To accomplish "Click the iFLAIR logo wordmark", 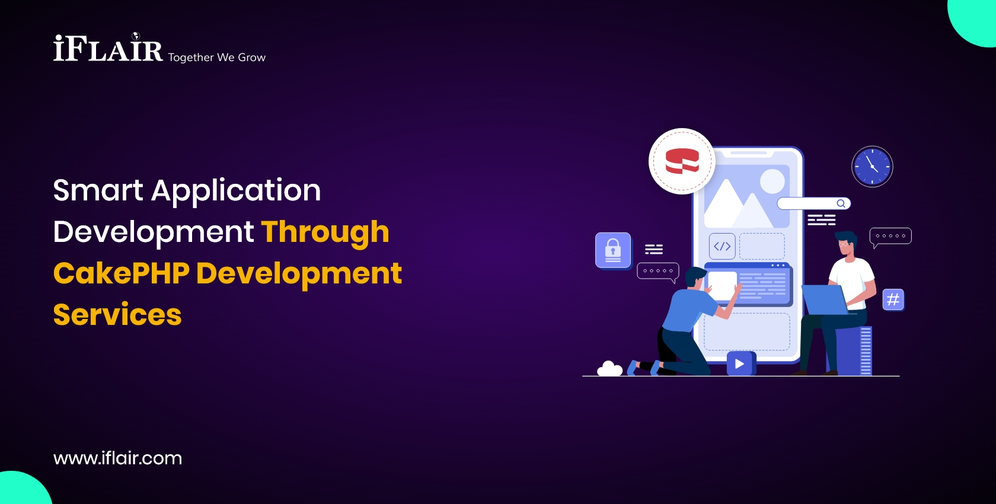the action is [108, 47].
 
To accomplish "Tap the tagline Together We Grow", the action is [216, 58].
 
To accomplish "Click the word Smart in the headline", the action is [98, 190].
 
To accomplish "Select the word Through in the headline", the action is [325, 233].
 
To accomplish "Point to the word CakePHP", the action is [122, 273].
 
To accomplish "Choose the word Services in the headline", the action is [117, 314].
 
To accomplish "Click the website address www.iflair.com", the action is [117, 458].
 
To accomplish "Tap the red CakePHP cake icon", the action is [682, 161].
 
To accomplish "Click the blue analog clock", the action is [872, 167].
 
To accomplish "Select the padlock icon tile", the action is [613, 250].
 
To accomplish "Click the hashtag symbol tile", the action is [893, 300].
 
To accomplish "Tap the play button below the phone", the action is [740, 363].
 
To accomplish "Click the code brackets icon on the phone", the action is [722, 246].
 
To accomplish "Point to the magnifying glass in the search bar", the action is [841, 203].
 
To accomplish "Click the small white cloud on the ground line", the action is [609, 369].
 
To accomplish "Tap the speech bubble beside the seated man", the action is [890, 237].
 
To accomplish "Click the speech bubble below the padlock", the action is [658, 272].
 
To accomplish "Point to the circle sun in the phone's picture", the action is [772, 181].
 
